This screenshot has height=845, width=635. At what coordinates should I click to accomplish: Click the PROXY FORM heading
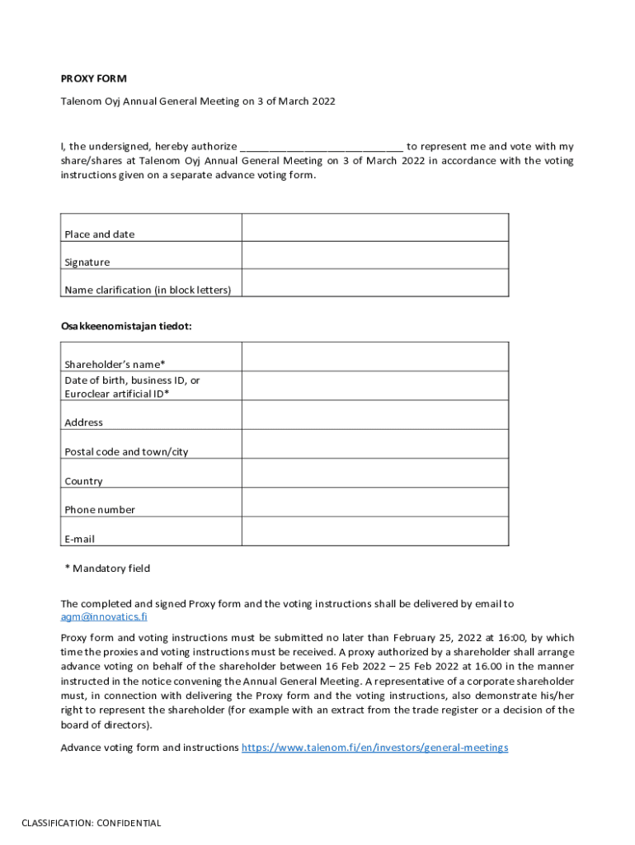point(94,79)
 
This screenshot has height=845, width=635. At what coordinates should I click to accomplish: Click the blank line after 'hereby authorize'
point(321,146)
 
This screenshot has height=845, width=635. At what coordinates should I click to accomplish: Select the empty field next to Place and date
point(374,228)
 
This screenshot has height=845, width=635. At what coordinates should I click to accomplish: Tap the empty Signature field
point(374,255)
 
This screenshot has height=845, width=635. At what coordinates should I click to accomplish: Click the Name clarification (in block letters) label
point(148,290)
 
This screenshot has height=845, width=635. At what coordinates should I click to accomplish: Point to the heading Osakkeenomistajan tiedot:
point(126,326)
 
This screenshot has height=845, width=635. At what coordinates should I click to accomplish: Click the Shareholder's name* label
point(115,365)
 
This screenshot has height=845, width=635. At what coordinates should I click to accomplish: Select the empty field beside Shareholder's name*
point(374,356)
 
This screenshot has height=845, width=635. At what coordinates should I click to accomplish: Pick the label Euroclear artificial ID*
point(116,394)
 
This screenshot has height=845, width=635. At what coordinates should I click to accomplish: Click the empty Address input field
point(374,415)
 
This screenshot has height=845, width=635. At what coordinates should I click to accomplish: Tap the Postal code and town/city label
point(126,452)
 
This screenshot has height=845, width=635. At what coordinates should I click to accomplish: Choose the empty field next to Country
point(374,473)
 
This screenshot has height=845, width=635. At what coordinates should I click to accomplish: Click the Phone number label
point(100,510)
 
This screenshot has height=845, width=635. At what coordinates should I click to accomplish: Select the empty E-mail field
point(374,531)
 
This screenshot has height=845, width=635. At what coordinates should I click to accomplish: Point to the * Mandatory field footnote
point(107,569)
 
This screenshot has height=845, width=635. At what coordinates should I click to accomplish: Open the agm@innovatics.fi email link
point(104,616)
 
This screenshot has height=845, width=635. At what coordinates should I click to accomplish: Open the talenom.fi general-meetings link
point(374,748)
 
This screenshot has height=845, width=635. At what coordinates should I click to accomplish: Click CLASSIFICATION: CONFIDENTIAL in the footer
point(92,823)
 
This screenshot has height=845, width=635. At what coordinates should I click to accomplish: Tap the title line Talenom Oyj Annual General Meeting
point(198,101)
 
